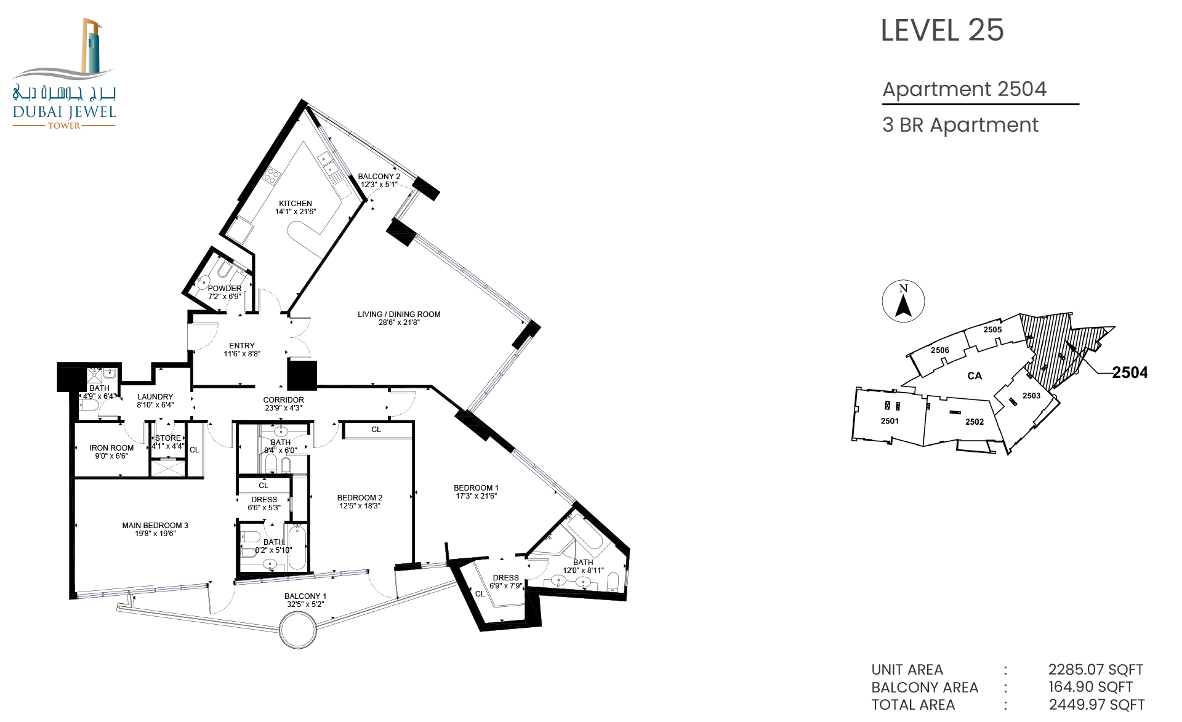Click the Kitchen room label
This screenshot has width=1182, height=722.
tap(295, 207)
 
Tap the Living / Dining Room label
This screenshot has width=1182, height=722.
tap(399, 318)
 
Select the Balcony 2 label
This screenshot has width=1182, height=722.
tap(379, 180)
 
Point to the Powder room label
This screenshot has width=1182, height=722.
tap(225, 292)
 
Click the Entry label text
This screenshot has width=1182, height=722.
tap(242, 346)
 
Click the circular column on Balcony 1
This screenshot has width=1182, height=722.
tap(298, 630)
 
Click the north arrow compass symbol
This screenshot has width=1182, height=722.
tap(903, 301)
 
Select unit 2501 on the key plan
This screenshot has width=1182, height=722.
tap(890, 421)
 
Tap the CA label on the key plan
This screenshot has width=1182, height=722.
tap(975, 376)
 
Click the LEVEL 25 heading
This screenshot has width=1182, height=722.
tap(942, 30)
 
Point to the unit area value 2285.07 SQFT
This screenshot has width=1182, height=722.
tap(1096, 670)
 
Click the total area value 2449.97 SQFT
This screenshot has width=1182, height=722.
tap(1096, 705)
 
